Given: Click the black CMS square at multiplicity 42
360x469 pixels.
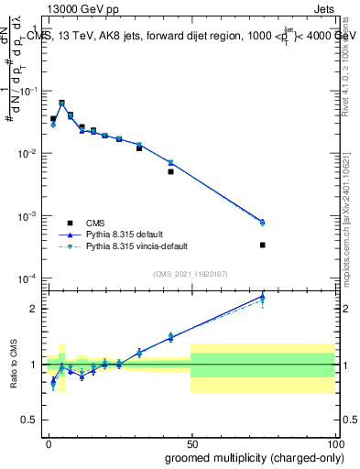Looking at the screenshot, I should point(170,171).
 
